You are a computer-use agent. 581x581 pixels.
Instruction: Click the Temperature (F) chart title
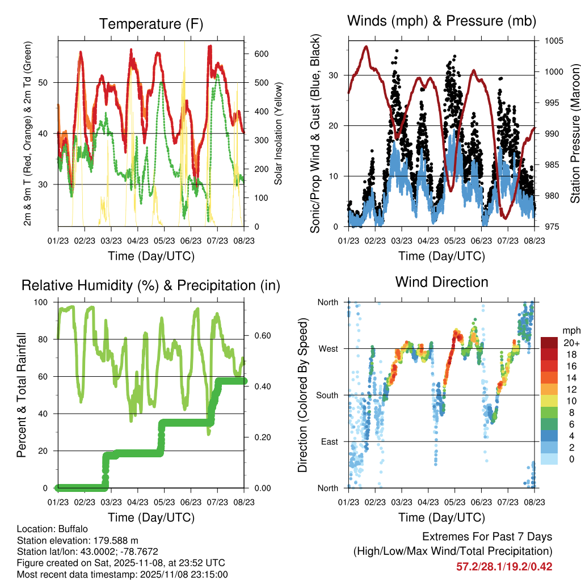click(x=151, y=24)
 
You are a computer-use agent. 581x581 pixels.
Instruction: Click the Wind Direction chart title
click(x=441, y=282)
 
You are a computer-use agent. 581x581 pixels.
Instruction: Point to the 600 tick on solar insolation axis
click(x=261, y=54)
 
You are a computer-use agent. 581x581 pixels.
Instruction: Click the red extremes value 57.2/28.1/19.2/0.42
click(x=504, y=567)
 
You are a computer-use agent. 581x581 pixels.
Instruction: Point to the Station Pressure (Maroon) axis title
click(x=574, y=133)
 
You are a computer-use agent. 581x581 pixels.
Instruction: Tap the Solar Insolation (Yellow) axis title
click(x=278, y=133)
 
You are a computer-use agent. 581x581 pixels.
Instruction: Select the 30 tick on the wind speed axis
click(x=334, y=75)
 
